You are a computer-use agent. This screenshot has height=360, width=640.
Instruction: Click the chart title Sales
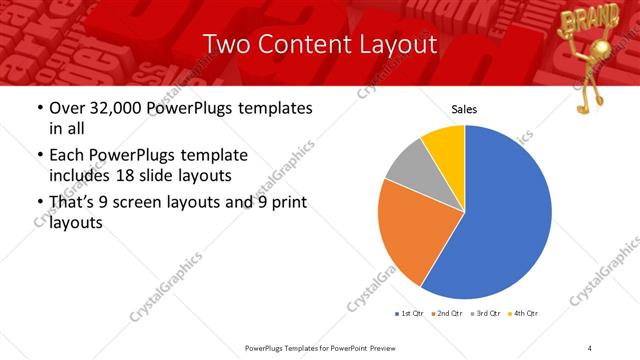point(464,109)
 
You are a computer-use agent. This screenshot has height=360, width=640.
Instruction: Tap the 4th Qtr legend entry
point(524,313)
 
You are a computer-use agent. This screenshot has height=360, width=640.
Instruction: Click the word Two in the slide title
point(224,44)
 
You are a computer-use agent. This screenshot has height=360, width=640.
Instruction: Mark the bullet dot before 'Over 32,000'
point(39,108)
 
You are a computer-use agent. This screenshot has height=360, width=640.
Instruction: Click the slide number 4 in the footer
point(590,347)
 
